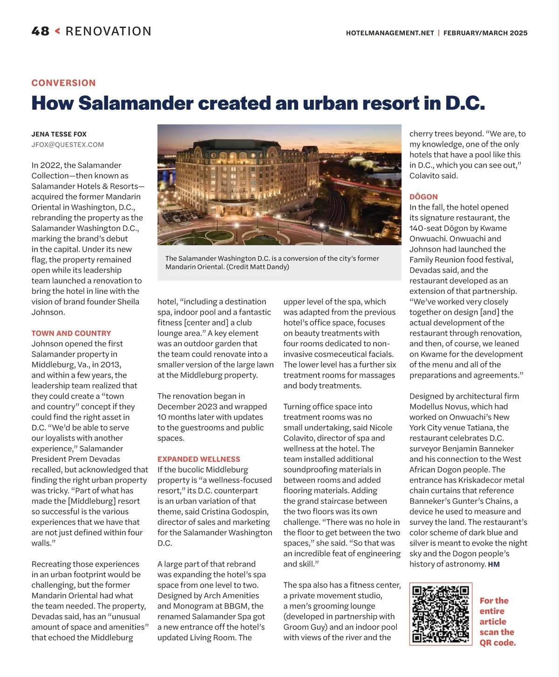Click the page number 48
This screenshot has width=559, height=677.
(x=40, y=31)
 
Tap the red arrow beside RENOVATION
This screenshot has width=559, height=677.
(x=57, y=31)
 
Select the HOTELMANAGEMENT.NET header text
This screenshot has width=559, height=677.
(x=390, y=33)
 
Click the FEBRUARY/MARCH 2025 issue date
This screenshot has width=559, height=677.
(x=485, y=33)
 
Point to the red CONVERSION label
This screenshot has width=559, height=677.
(x=63, y=83)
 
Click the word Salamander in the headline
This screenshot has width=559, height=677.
(x=136, y=103)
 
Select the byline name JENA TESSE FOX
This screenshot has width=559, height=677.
(x=59, y=134)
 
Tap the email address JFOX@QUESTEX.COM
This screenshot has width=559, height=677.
(x=68, y=145)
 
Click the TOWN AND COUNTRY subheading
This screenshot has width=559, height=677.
(x=71, y=333)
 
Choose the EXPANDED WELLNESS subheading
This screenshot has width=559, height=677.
(x=198, y=459)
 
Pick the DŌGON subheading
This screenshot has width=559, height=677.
(x=423, y=197)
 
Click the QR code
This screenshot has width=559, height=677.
(x=441, y=614)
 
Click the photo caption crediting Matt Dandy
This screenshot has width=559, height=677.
(x=273, y=263)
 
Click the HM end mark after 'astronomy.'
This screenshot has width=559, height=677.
(x=494, y=564)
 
